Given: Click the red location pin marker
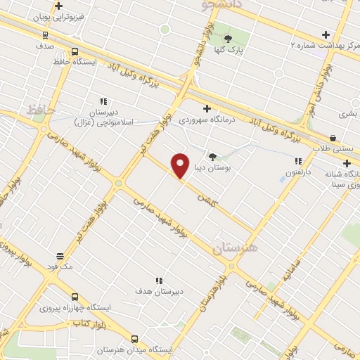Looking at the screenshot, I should (x=181, y=165).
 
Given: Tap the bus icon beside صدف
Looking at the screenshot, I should (x=46, y=34).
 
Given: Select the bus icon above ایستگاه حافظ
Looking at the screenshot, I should (x=75, y=51).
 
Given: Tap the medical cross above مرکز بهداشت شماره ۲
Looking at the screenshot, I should (x=326, y=34).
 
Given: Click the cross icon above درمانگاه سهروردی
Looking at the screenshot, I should (x=207, y=108).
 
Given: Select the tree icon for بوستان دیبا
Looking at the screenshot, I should (x=212, y=157).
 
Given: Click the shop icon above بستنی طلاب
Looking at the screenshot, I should (x=332, y=138).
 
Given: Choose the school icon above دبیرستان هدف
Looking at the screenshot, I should (x=159, y=280).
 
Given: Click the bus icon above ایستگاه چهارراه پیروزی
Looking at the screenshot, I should (x=75, y=296).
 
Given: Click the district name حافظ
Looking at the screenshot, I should (x=41, y=110).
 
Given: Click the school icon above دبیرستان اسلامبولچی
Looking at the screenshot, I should (x=104, y=101).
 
